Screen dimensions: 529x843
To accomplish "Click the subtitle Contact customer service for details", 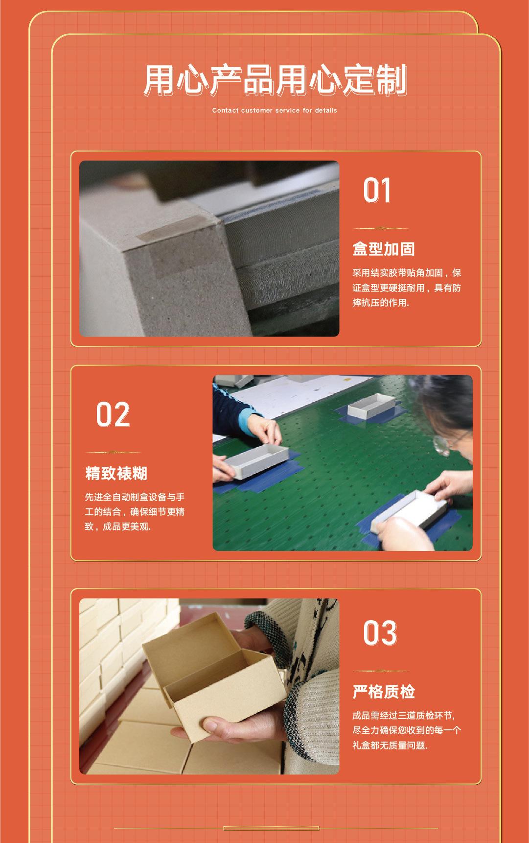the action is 275,111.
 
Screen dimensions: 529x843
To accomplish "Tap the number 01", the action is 377,191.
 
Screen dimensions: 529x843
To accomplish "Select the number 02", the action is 113,414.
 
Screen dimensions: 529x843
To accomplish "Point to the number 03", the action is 380,633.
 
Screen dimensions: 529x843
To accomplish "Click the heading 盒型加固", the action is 384,249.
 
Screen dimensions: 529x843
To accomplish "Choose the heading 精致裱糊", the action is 116,473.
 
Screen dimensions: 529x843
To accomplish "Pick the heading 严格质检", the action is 384,692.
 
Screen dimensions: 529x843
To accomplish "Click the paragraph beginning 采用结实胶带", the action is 407,288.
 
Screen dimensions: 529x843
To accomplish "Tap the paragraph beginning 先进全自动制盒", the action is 135,512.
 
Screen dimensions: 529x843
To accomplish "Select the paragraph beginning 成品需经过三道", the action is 407,730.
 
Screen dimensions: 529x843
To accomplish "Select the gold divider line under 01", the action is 381,228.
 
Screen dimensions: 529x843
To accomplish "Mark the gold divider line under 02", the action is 113,452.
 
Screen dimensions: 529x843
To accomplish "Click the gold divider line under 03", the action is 381,671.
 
